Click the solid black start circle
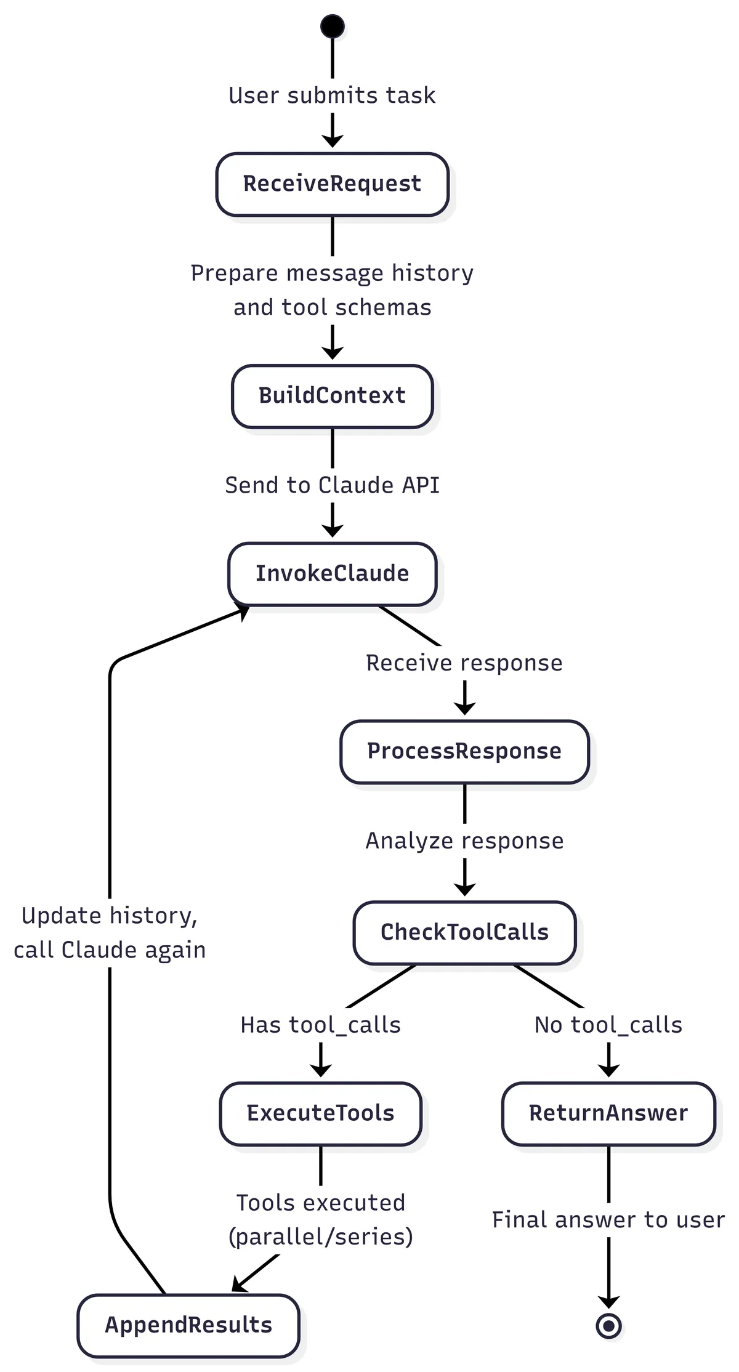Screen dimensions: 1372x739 click(x=333, y=26)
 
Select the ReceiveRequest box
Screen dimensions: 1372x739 click(x=332, y=184)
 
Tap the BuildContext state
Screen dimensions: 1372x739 click(x=332, y=396)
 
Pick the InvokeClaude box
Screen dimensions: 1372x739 click(x=332, y=573)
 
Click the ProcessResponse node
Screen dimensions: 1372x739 click(x=464, y=751)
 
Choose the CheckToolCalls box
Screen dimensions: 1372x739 click(x=464, y=932)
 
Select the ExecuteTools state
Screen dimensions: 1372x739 click(x=320, y=1113)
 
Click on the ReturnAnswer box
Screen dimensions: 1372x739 click(x=608, y=1113)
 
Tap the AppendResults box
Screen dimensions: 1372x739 click(x=188, y=1325)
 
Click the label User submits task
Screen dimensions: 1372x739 click(x=332, y=95)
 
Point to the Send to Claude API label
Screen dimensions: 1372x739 click(x=332, y=485)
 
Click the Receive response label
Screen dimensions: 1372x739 click(x=464, y=663)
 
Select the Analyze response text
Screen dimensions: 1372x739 click(x=464, y=841)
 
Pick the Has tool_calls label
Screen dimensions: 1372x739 click(x=320, y=1025)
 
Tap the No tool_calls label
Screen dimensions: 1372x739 click(x=608, y=1025)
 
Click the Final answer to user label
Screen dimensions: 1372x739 click(x=608, y=1220)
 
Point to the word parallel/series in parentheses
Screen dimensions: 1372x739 click(x=320, y=1237)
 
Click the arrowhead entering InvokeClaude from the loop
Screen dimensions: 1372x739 click(x=243, y=611)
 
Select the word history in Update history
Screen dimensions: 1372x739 click(x=154, y=916)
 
